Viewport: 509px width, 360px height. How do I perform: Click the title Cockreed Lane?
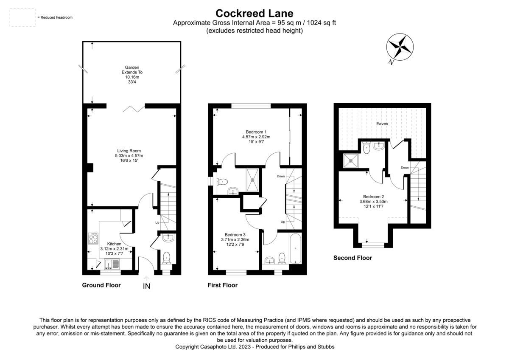point(254,14)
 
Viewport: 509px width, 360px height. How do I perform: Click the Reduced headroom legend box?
point(22,17)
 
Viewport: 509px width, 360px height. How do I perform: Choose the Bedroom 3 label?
point(235,239)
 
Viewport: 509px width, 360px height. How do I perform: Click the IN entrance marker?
point(146,286)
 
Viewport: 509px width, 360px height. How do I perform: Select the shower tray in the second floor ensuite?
point(352,160)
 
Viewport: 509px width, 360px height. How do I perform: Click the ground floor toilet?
point(167,256)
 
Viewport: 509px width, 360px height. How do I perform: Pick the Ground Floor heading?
point(101,285)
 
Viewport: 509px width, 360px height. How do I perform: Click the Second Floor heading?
point(352,258)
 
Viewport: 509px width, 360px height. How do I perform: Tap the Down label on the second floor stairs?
point(405,167)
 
